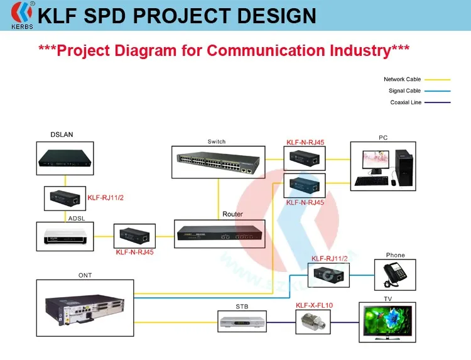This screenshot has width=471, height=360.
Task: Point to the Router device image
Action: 219,235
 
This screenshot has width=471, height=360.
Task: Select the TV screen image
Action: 387,322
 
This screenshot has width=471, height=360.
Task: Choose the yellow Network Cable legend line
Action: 438,80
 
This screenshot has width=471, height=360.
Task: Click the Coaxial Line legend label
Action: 406,102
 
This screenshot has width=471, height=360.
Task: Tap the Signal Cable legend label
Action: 404,91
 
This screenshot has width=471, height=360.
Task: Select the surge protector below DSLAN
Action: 64,199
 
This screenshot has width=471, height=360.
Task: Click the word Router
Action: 232,214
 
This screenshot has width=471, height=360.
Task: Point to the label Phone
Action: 396,255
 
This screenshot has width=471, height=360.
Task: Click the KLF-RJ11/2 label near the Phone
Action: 330,258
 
